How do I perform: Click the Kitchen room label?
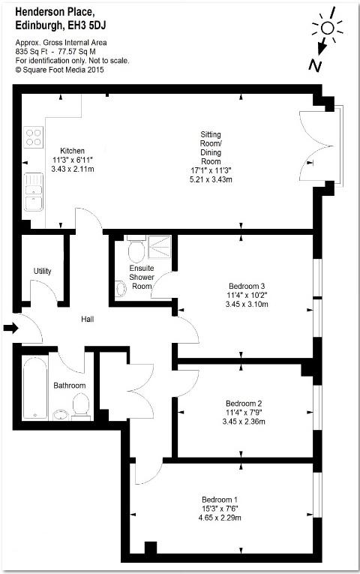(72, 151)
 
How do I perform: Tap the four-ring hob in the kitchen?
(34, 137)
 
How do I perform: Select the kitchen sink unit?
(34, 192)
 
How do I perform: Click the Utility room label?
(43, 272)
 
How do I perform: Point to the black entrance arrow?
(11, 328)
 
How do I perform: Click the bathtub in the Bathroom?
(35, 387)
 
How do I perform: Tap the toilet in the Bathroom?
(81, 406)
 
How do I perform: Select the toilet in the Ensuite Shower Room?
(136, 249)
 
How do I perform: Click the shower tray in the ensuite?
(160, 247)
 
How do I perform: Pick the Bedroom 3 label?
(247, 287)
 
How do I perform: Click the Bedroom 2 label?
(244, 404)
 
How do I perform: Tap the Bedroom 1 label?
(220, 500)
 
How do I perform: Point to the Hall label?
(88, 319)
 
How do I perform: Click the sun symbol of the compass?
(327, 28)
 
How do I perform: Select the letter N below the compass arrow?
(315, 65)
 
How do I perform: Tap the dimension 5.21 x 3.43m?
(211, 180)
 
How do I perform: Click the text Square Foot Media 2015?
(63, 70)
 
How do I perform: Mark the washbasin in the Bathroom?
(61, 415)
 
